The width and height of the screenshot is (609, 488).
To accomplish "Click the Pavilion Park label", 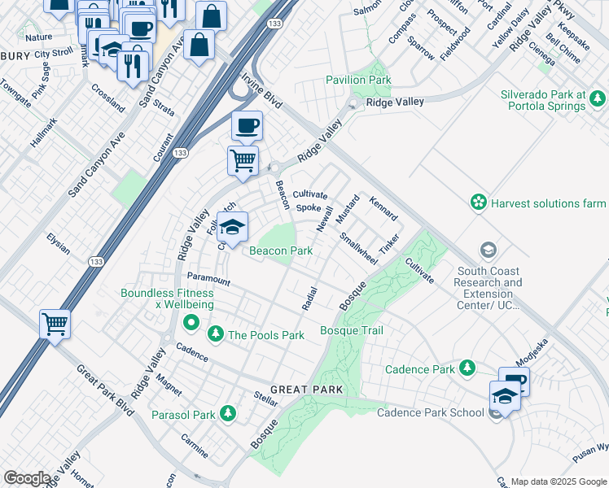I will [358, 81].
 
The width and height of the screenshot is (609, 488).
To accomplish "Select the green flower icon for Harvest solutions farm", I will [478, 202].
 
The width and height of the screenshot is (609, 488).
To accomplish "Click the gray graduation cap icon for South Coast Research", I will [489, 249].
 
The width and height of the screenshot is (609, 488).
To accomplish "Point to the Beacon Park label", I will [281, 251].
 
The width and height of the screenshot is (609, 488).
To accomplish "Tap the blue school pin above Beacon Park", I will [232, 229].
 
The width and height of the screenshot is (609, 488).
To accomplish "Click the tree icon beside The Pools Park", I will [216, 333].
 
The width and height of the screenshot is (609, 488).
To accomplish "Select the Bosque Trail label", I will [351, 331].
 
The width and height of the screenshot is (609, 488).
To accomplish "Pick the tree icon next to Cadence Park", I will [467, 368].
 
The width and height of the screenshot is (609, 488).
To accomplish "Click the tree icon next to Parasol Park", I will [229, 414].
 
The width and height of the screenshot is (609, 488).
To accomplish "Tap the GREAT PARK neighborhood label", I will [307, 390].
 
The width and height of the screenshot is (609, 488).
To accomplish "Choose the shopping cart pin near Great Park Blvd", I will [55, 324].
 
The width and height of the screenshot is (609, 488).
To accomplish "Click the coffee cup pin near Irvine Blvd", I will [247, 127].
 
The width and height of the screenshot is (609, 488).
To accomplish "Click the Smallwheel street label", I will [358, 249].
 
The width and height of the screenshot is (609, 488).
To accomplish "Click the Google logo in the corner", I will [27, 478].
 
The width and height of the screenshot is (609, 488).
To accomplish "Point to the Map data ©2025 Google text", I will [559, 481].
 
